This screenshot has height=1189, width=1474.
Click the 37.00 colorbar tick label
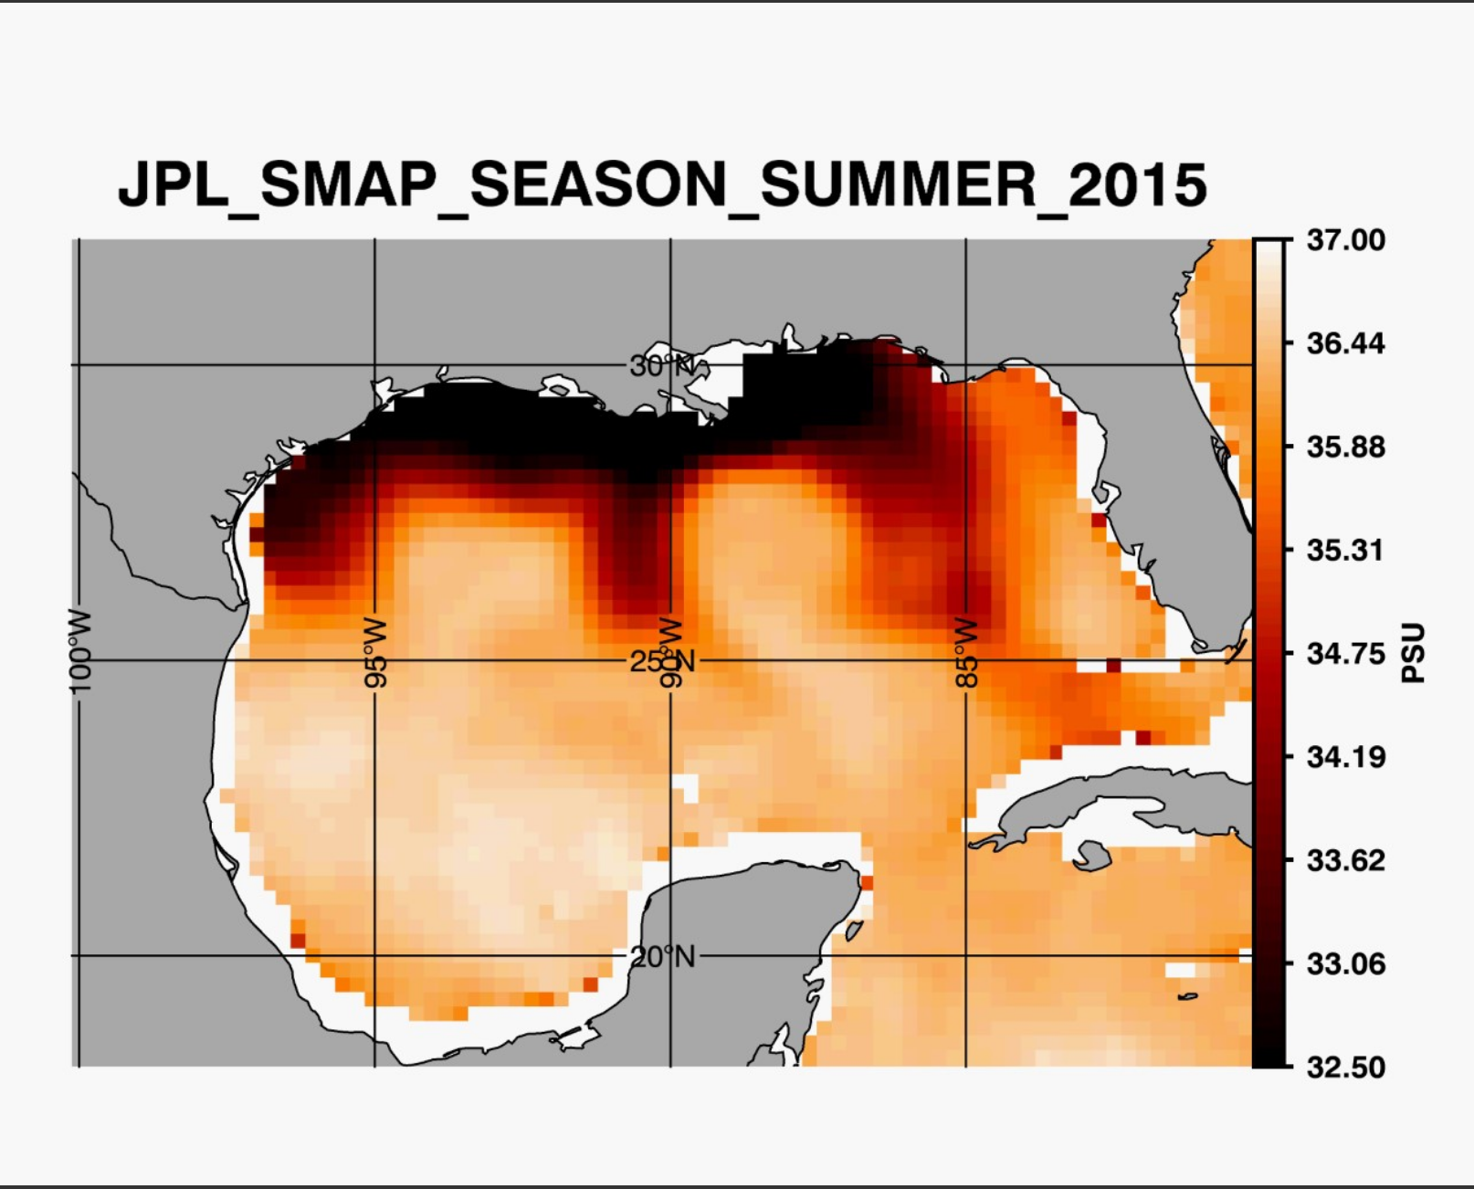[x=1345, y=240]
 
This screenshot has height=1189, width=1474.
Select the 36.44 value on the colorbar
[x=1345, y=343]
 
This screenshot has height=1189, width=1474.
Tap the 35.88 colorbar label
[x=1345, y=447]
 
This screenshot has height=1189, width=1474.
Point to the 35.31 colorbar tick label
[x=1345, y=550]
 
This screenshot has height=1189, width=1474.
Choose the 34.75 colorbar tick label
[x=1345, y=653]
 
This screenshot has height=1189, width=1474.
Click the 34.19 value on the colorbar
[x=1345, y=756]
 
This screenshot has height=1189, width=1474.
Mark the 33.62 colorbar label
[x=1345, y=859]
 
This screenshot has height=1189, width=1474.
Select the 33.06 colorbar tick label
[x=1345, y=963]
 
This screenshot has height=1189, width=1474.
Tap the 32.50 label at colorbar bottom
[x=1345, y=1067]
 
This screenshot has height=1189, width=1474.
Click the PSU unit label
[x=1412, y=653]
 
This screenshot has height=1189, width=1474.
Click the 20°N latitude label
[x=663, y=957]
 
